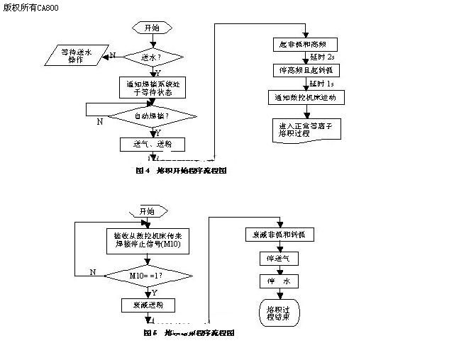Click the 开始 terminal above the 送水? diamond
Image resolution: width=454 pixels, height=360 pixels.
click(151, 28)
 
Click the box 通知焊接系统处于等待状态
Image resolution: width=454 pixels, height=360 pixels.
click(151, 86)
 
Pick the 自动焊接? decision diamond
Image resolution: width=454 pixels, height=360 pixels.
click(152, 114)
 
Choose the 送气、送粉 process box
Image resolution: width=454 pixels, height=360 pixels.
click(151, 144)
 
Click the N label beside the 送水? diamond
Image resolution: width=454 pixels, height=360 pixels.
click(112, 55)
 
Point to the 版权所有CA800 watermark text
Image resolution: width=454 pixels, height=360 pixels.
click(32, 9)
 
